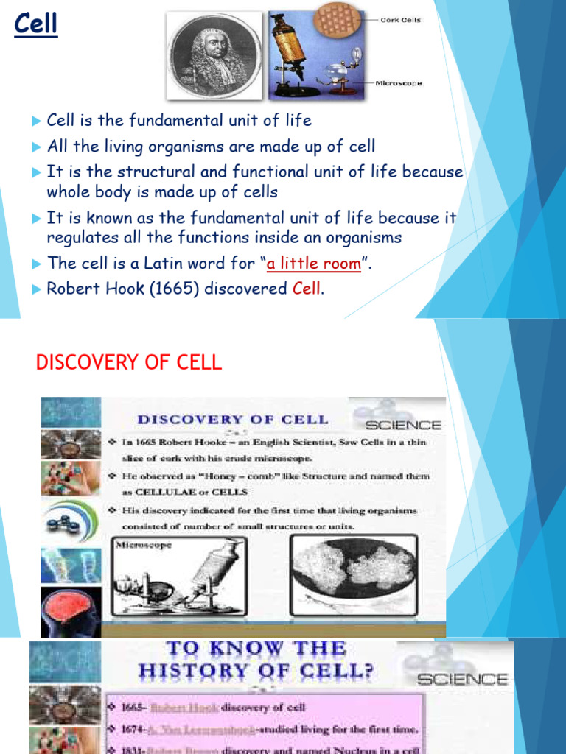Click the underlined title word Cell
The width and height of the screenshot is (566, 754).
pos(35,26)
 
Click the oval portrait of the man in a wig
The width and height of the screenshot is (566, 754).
pos(214,55)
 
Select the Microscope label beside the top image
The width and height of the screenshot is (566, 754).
pos(399,83)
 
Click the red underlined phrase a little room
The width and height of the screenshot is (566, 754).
pos(314,264)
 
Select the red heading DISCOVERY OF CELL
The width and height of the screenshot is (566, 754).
pos(129,362)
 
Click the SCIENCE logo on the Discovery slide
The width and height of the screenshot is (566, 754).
pos(402,425)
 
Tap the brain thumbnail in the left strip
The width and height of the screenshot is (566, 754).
pos(71,611)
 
